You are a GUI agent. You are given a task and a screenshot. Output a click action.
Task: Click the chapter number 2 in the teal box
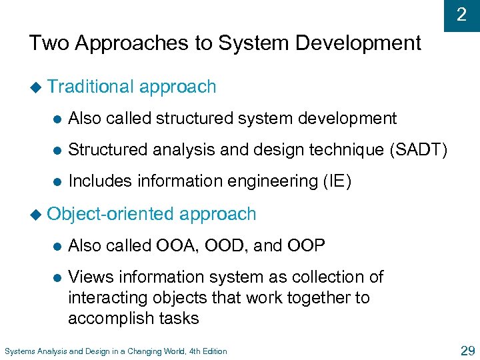tap(461, 14)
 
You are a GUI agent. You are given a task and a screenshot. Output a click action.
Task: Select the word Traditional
tap(91, 87)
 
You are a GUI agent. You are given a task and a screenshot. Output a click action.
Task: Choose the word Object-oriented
tap(111, 214)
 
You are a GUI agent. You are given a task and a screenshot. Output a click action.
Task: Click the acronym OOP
tap(307, 246)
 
